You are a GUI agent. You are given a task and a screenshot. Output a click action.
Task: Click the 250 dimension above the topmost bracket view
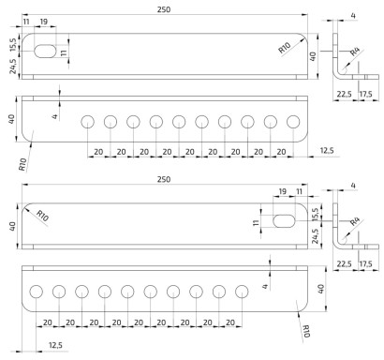(x=164, y=9)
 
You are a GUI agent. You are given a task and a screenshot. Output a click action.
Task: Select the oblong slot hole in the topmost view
(x=45, y=52)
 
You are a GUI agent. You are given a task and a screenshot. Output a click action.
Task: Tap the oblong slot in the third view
(x=284, y=221)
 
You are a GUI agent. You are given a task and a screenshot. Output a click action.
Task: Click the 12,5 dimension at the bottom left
(x=55, y=345)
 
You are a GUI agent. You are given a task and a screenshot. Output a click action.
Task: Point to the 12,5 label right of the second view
(x=327, y=151)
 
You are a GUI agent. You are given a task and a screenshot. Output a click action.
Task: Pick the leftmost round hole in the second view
(x=88, y=122)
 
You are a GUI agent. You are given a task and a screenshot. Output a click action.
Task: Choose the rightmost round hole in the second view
(x=293, y=122)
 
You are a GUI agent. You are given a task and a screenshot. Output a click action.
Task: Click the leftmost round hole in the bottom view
(x=37, y=292)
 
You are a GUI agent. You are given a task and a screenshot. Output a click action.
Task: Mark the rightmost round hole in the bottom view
(x=242, y=292)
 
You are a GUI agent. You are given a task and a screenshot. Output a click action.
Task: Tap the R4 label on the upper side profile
(x=355, y=52)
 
